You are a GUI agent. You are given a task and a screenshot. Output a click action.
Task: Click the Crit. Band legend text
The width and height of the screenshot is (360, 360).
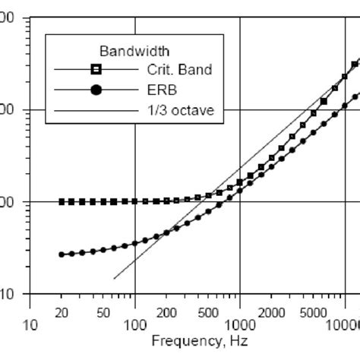179,70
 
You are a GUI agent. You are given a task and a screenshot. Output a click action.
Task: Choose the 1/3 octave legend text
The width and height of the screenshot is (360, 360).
177,111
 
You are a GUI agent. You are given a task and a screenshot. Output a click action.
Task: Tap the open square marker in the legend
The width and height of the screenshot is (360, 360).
96,70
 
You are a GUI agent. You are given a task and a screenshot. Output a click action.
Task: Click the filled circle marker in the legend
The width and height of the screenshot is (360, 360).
96,90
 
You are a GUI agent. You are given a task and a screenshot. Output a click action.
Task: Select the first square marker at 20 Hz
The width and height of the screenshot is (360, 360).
62,202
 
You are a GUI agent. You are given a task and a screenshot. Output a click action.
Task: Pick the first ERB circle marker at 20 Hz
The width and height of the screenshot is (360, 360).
62,254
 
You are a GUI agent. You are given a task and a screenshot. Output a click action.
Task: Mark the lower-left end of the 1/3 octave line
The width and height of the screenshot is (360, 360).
114,279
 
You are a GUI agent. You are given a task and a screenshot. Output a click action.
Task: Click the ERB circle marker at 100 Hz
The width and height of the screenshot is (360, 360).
135,243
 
